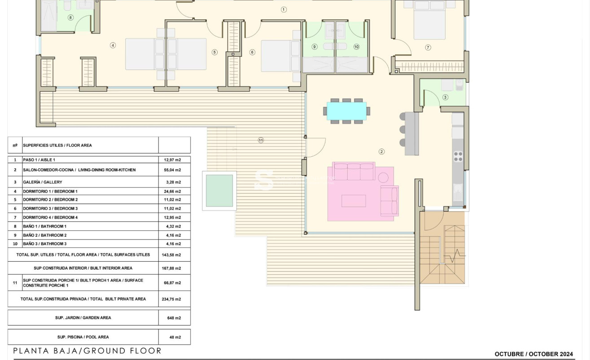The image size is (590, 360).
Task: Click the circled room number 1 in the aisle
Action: (x=284, y=9)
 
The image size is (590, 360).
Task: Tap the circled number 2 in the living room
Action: (x=381, y=152)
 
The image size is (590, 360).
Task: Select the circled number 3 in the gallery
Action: (x=445, y=97)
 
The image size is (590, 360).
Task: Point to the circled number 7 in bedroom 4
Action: (x=428, y=48)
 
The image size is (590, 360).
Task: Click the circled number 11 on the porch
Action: (x=261, y=140)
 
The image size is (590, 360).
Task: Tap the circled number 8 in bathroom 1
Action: (x=70, y=18)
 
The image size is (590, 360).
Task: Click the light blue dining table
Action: (x=346, y=111)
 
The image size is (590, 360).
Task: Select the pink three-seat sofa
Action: (x=354, y=171)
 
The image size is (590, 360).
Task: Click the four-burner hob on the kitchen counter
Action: (x=458, y=156)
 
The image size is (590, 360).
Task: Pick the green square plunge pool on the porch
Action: (x=219, y=191)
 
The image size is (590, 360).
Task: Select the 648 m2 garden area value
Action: (x=174, y=318)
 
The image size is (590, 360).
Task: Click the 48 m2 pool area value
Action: (x=174, y=337)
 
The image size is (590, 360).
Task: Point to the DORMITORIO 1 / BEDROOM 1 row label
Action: (x=50, y=191)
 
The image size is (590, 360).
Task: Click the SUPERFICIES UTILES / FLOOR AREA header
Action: (x=57, y=145)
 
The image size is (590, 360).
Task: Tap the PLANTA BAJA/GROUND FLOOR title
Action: (x=87, y=351)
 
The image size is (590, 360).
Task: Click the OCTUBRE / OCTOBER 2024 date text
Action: (x=533, y=354)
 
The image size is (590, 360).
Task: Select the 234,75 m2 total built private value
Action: (x=171, y=299)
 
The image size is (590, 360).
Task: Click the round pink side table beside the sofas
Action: (x=383, y=177)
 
